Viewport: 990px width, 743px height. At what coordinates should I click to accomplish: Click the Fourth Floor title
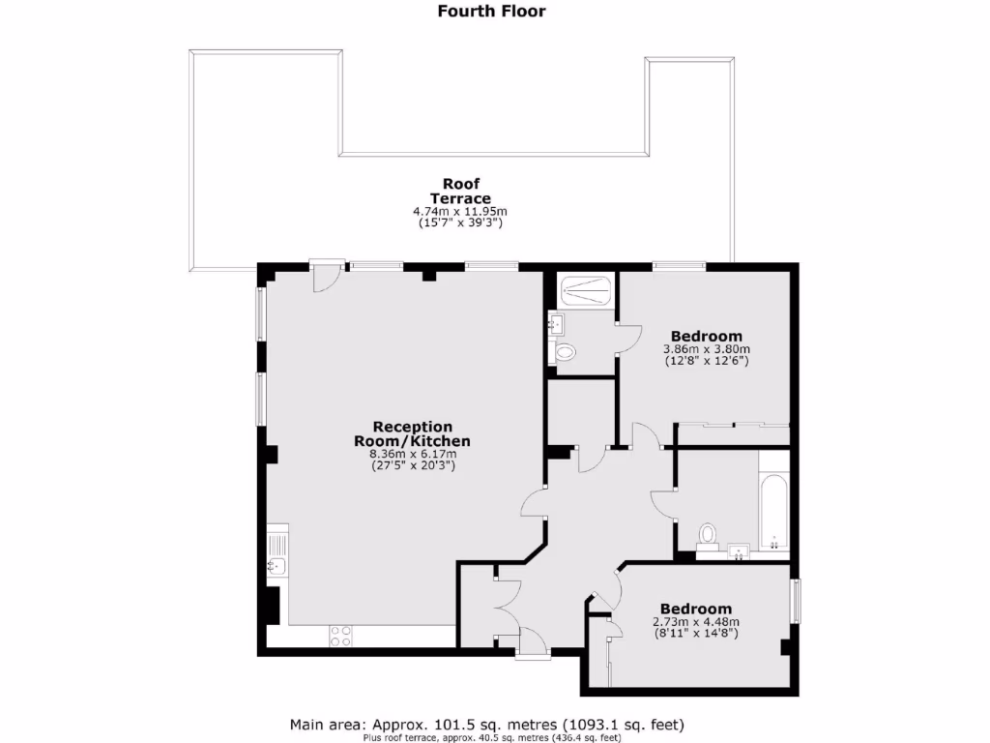pos(491,12)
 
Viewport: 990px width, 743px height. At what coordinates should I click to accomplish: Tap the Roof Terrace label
pos(461,191)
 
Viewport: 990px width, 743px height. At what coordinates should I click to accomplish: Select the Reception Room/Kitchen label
pos(413,433)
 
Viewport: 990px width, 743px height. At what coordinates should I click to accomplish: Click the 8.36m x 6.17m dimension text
pos(413,453)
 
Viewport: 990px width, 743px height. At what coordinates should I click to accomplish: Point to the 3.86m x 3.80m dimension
pos(707,349)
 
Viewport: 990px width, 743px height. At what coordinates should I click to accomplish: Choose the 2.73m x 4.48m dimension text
pos(696,622)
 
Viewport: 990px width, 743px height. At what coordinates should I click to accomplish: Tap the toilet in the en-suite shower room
pos(566,352)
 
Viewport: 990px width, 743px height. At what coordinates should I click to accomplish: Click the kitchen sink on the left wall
pos(276,567)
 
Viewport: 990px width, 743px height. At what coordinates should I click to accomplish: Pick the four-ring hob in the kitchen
pos(341,636)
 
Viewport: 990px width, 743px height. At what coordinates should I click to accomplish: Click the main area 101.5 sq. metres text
pos(488,724)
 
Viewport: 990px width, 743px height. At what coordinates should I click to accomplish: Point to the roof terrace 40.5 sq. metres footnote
pos(491,737)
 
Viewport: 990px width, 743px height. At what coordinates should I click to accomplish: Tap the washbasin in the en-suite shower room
pos(557,322)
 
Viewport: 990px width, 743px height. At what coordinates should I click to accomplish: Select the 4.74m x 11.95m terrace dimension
pos(461,212)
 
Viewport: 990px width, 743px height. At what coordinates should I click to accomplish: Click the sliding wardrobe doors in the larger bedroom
pos(733,424)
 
